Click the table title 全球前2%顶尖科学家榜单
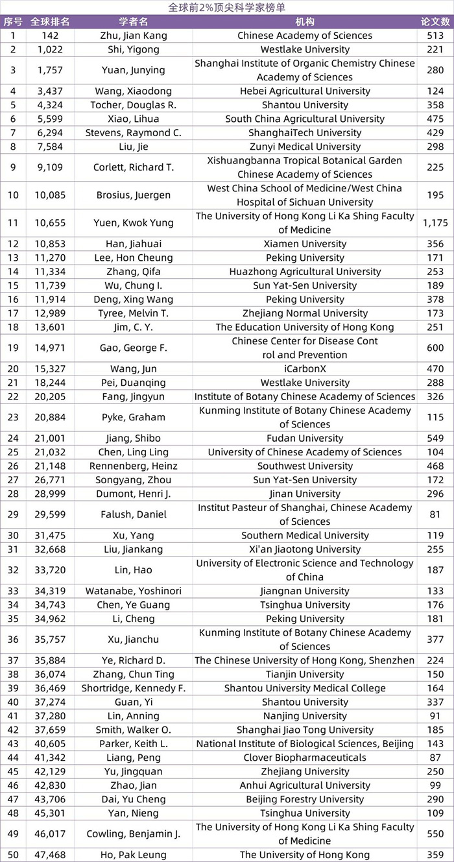pyautogui.click(x=226, y=7)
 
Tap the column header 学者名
pyautogui.click(x=134, y=21)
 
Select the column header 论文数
pyautogui.click(x=435, y=21)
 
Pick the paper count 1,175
pyautogui.click(x=435, y=223)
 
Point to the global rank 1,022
pyautogui.click(x=50, y=49)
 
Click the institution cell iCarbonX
pyautogui.click(x=305, y=369)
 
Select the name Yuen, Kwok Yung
pyautogui.click(x=134, y=223)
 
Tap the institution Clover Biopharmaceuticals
pyautogui.click(x=305, y=758)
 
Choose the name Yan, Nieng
pyautogui.click(x=134, y=813)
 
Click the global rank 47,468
pyautogui.click(x=50, y=855)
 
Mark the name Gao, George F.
pyautogui.click(x=134, y=348)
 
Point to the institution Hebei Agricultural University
pyautogui.click(x=305, y=91)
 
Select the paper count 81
pyautogui.click(x=435, y=515)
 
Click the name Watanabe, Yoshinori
pyautogui.click(x=134, y=591)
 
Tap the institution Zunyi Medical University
pyautogui.click(x=305, y=147)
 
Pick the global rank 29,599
pyautogui.click(x=50, y=515)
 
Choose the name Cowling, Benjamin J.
pyautogui.click(x=134, y=834)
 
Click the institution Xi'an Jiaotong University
pyautogui.click(x=305, y=549)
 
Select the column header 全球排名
pyautogui.click(x=50, y=21)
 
